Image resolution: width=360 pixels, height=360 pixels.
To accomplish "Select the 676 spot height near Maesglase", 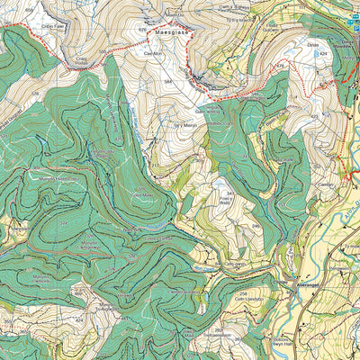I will click(142, 30).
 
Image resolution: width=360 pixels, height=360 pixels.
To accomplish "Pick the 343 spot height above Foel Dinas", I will click(230, 193).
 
